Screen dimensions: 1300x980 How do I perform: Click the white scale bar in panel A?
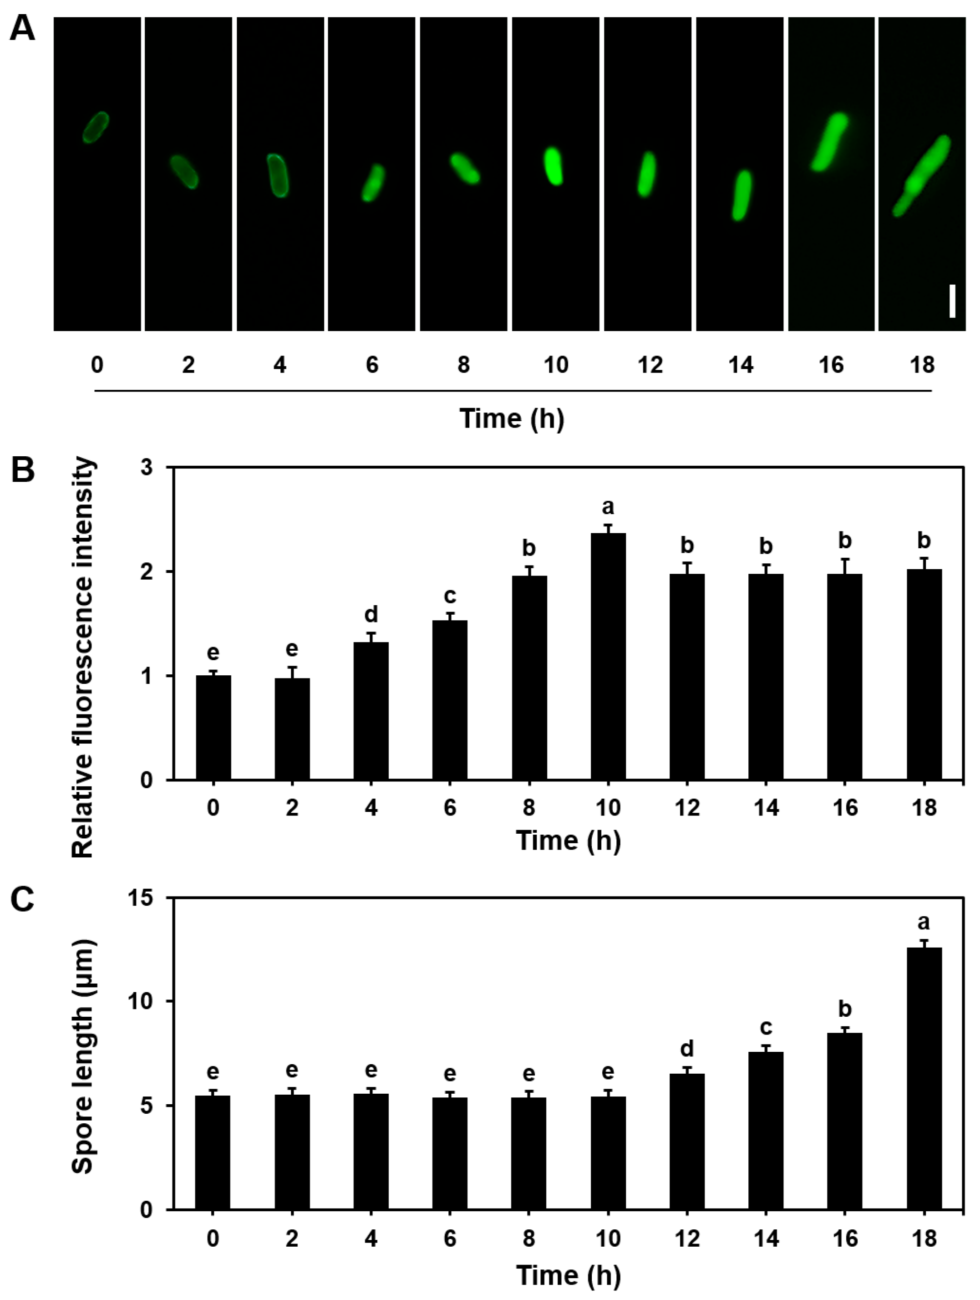pyautogui.click(x=952, y=301)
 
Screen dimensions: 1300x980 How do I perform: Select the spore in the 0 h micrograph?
pyautogui.click(x=95, y=127)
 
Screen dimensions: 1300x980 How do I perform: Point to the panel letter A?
pyautogui.click(x=22, y=28)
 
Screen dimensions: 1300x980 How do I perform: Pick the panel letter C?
pyautogui.click(x=22, y=899)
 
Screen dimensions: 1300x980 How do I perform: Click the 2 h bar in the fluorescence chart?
pyautogui.click(x=292, y=729)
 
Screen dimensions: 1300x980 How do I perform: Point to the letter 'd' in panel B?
pyautogui.click(x=371, y=615)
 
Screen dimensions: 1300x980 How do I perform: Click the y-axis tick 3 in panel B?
pyautogui.click(x=146, y=468)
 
